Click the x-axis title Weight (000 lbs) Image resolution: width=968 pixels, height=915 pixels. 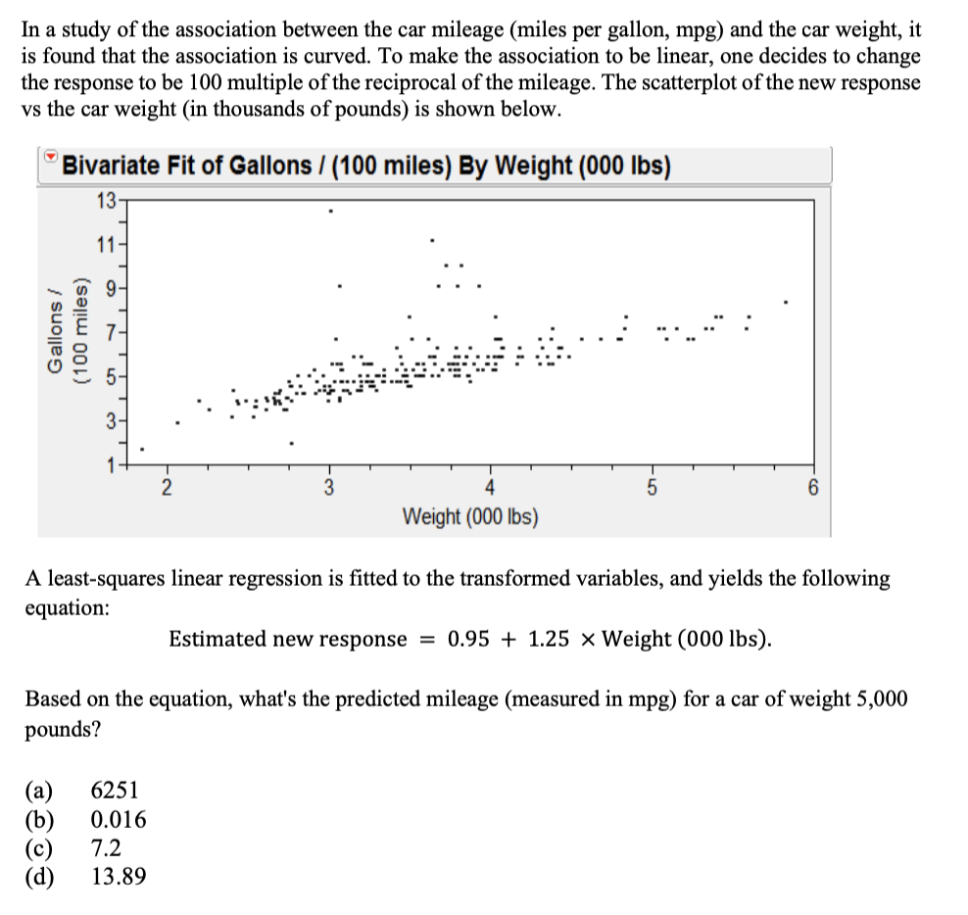pyautogui.click(x=470, y=515)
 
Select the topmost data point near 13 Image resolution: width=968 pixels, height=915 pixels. pyautogui.click(x=330, y=211)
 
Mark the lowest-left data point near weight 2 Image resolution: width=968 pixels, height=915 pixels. pyautogui.click(x=142, y=450)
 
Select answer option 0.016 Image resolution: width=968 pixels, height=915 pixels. pyautogui.click(x=119, y=818)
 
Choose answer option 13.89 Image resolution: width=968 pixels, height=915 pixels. pyautogui.click(x=119, y=875)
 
